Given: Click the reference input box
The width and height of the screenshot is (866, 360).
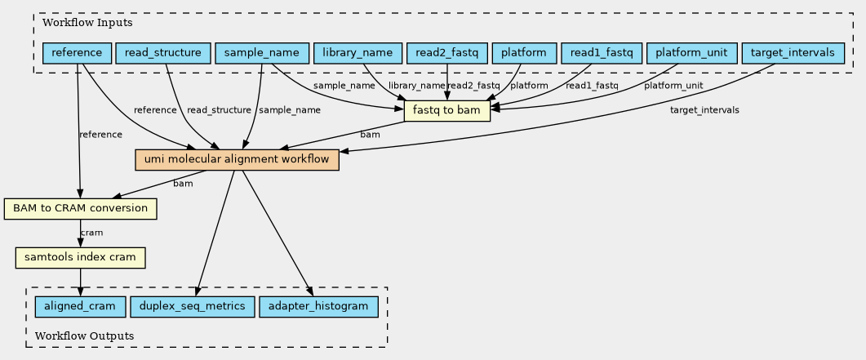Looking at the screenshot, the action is click(78, 53).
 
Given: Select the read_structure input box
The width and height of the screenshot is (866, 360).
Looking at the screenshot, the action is click(163, 53).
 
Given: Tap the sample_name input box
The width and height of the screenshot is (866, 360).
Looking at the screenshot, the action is click(262, 53).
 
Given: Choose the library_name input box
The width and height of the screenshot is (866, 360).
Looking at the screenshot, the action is click(358, 53).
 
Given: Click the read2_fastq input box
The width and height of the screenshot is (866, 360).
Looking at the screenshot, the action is click(446, 53).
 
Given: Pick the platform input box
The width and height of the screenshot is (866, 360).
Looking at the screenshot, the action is click(523, 53).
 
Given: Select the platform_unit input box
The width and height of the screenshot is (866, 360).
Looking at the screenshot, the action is click(692, 53).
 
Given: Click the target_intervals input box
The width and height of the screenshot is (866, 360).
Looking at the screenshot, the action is click(793, 53).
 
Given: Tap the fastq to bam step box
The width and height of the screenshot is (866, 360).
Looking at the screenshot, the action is click(447, 111).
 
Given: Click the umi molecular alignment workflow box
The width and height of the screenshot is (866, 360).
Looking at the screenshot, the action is click(237, 159).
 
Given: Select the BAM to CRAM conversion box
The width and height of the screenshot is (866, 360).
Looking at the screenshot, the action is click(81, 208).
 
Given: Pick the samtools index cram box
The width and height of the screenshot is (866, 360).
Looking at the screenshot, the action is click(81, 257).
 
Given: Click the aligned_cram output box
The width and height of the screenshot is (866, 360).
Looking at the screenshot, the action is click(81, 306).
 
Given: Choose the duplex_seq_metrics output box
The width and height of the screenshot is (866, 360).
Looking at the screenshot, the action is click(192, 306).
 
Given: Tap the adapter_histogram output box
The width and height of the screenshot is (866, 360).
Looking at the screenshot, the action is click(318, 306).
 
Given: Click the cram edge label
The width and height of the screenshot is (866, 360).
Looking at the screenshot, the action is click(91, 233).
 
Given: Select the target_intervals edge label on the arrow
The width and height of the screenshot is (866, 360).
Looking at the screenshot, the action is click(704, 110).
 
